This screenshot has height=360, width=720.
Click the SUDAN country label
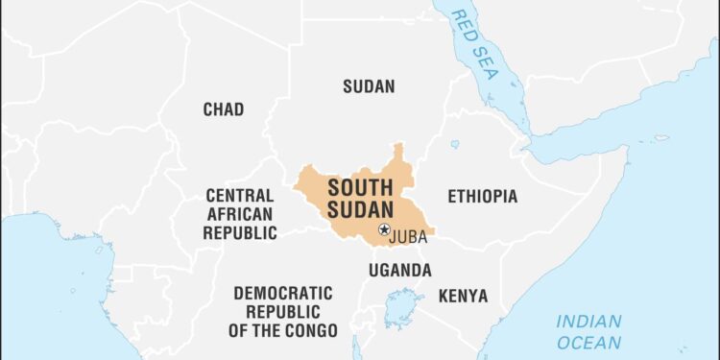click(x=369, y=86)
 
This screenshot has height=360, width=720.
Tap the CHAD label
click(x=223, y=109)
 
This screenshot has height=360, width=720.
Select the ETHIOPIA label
click(x=482, y=196)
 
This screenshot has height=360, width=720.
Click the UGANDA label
click(x=399, y=270)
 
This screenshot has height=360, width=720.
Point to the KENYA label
click(x=463, y=296)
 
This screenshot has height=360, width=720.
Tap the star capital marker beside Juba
click(x=384, y=229)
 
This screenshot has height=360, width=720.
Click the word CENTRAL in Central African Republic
click(x=240, y=196)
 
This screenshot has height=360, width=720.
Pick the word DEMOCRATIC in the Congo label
click(x=283, y=293)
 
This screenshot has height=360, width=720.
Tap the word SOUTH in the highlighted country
click(x=359, y=187)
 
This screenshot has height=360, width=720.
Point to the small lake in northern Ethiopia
click(x=454, y=144)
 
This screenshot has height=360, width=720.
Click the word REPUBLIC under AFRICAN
click(x=240, y=232)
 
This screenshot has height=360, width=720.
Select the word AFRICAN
click(x=240, y=214)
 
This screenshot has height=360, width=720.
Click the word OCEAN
click(x=588, y=341)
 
